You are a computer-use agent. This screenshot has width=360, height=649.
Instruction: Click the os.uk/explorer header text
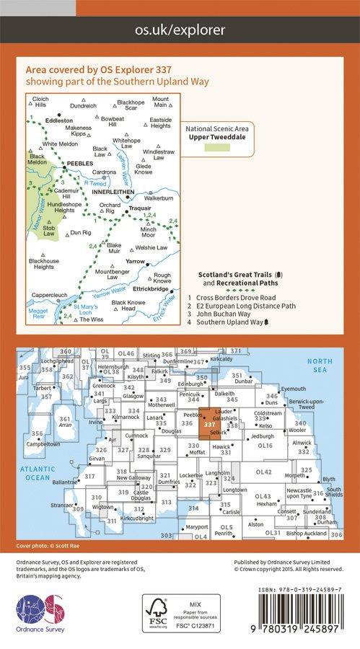click(x=180, y=30)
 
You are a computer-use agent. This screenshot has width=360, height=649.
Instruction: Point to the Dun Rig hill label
click(x=81, y=233)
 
